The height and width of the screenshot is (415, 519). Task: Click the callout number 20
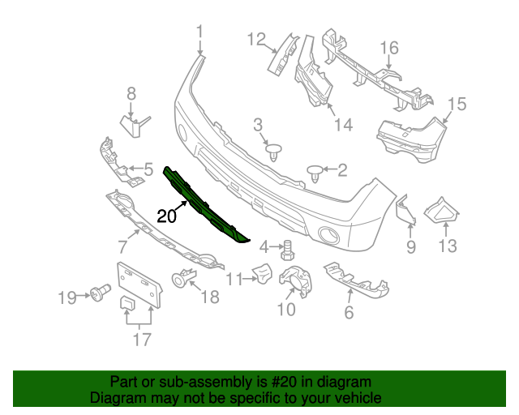click(166, 216)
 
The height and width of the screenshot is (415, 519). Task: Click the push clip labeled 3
click(275, 151)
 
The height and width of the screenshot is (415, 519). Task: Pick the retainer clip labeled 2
click(315, 170)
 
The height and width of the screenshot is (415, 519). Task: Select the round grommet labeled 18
click(179, 280)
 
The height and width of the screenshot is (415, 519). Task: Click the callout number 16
click(390, 48)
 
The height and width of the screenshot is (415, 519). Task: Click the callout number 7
click(122, 246)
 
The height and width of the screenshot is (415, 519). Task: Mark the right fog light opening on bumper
click(330, 235)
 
